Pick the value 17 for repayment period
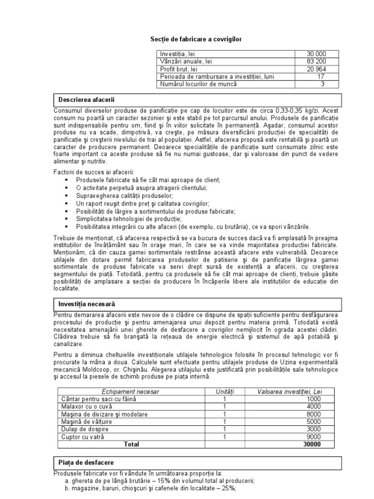pos(320,77)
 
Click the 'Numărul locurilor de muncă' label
pos(198,84)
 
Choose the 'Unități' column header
pos(224,391)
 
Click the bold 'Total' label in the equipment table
pos(131,444)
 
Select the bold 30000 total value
pos(312,444)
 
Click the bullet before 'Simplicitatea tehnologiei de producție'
pos(66,219)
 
